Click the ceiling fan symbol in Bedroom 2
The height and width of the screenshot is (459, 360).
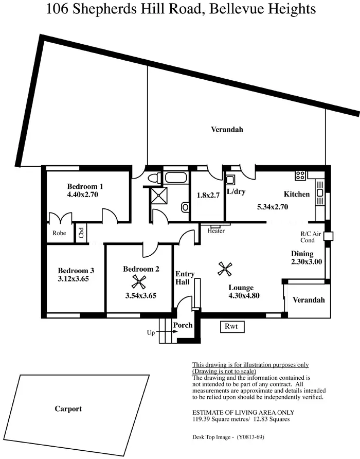coord(138,281)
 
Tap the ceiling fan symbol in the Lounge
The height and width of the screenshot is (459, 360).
coord(225,268)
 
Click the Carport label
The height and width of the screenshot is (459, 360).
coord(68,409)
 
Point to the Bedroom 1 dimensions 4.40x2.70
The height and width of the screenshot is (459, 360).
coord(82,195)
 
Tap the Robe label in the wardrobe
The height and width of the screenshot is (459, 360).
coord(59,233)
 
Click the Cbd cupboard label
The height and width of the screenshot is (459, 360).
coord(81,233)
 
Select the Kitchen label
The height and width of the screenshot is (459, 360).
coord(297,194)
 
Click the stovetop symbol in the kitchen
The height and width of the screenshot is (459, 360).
coord(300,175)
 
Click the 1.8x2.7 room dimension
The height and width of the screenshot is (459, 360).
coord(207,196)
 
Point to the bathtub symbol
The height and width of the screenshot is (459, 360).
coord(176,179)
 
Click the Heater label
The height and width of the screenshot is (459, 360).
coord(216,231)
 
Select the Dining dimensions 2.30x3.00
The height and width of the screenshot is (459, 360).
coord(307,261)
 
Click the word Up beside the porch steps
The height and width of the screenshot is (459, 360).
coord(151,333)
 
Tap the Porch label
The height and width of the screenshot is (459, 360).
coord(183,325)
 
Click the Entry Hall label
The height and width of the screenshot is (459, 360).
coord(185,278)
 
